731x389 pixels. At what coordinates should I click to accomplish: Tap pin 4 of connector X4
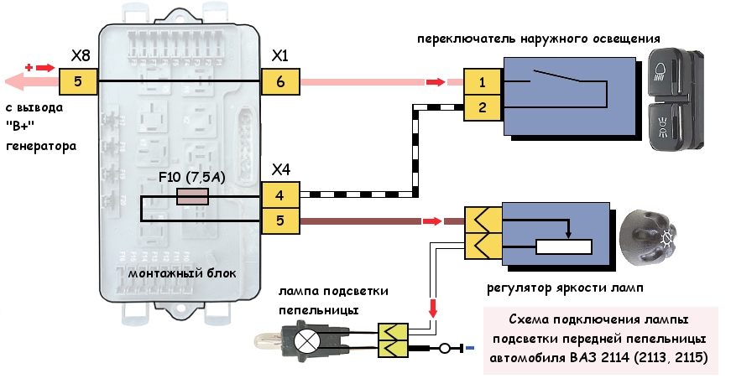click(x=279, y=197)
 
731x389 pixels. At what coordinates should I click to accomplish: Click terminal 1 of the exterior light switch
click(x=482, y=82)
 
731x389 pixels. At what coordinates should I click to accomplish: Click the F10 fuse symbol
click(x=192, y=197)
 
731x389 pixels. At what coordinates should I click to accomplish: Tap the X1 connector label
click(x=280, y=56)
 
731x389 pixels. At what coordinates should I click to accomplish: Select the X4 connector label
click(x=280, y=170)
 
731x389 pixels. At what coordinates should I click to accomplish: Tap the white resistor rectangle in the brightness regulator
click(x=563, y=247)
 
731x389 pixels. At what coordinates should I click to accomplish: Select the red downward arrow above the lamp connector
click(x=433, y=308)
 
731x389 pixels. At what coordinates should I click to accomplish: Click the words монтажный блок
click(x=183, y=274)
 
